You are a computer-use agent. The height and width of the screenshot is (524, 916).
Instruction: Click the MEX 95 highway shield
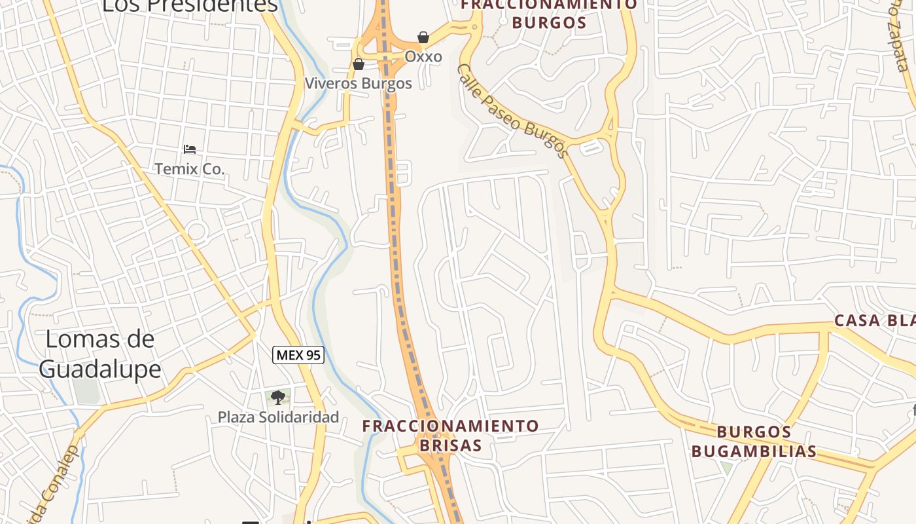pyautogui.click(x=298, y=355)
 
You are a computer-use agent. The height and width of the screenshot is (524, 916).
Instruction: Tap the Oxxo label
pyautogui.click(x=423, y=56)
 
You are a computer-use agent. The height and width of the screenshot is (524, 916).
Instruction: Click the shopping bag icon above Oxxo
pyautogui.click(x=423, y=37)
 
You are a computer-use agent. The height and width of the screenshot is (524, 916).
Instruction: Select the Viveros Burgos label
pyautogui.click(x=359, y=83)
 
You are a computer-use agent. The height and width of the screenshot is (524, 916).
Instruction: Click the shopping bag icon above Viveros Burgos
pyautogui.click(x=358, y=64)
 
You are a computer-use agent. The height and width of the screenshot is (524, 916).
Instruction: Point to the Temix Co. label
pyautogui.click(x=190, y=169)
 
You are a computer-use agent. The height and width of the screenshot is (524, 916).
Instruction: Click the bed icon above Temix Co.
pyautogui.click(x=190, y=149)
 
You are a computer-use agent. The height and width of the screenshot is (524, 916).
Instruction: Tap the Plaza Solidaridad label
pyautogui.click(x=278, y=417)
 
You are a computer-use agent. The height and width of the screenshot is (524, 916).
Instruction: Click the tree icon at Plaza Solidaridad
pyautogui.click(x=278, y=397)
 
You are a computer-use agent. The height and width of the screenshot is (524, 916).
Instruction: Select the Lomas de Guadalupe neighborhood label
pyautogui.click(x=100, y=354)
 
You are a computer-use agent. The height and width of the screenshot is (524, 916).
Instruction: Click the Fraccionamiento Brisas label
pyautogui.click(x=450, y=436)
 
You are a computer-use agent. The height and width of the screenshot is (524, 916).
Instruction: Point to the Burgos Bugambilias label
pyautogui.click(x=754, y=441)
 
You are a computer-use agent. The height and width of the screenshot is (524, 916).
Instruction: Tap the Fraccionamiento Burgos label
pyautogui.click(x=548, y=13)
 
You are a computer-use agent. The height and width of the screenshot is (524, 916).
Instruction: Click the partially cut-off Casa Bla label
pyautogui.click(x=874, y=320)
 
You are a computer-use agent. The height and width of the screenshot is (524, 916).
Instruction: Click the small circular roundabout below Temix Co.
pyautogui.click(x=196, y=231)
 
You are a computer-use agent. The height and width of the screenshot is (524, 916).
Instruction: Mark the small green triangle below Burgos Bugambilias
pyautogui.click(x=726, y=468)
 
